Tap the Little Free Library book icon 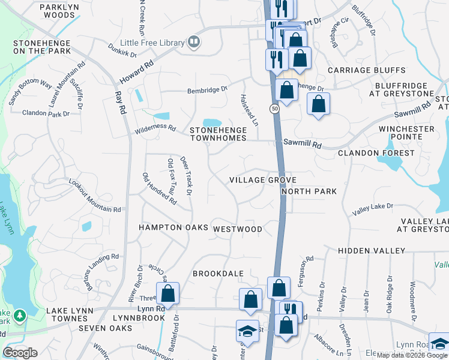(193, 41)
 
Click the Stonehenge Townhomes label (218, 134)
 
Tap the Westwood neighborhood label (238, 229)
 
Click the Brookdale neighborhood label (218, 274)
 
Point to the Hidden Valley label (372, 250)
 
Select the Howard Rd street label (136, 71)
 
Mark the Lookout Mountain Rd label (95, 196)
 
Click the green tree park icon (19, 315)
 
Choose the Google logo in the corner (20, 353)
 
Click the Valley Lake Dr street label (372, 207)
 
